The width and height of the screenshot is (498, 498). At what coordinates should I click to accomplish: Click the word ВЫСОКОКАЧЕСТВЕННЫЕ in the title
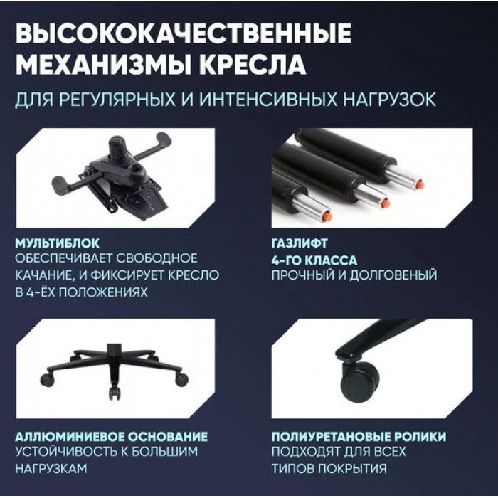(x=184, y=33)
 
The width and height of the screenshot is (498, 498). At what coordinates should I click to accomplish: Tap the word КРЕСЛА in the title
(x=254, y=65)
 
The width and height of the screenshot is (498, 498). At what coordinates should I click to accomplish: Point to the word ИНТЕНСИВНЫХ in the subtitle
(x=267, y=100)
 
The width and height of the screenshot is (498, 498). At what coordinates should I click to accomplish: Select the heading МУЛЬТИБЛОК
(x=57, y=243)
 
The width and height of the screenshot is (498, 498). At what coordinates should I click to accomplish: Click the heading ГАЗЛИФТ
(x=300, y=243)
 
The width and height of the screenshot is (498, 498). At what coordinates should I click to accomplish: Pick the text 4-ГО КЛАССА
(x=314, y=260)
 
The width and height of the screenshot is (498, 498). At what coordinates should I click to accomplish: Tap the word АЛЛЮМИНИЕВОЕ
(x=65, y=436)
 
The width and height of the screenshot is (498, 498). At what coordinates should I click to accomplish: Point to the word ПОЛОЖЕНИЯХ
(x=104, y=292)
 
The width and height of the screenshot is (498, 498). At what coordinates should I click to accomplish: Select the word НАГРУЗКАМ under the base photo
(x=51, y=468)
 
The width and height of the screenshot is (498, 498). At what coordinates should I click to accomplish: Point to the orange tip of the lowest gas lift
(x=327, y=217)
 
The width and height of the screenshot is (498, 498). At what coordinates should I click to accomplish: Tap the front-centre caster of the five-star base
(x=115, y=393)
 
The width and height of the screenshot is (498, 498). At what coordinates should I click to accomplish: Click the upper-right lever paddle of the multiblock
(x=162, y=140)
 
